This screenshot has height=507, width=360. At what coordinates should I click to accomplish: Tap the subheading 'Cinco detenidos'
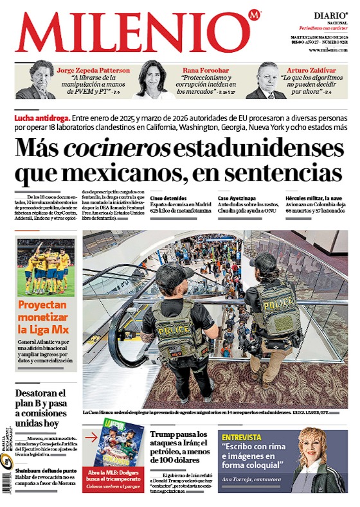coord(168,198)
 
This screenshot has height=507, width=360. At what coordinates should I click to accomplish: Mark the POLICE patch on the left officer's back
coord(170,330)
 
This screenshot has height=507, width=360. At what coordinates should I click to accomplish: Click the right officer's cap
coord(263,262)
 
